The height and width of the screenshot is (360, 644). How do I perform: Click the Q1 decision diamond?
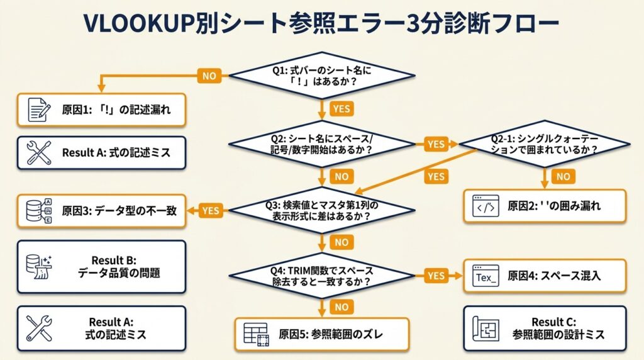pos(322,75)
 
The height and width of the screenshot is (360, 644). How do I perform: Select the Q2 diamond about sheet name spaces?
pos(322,144)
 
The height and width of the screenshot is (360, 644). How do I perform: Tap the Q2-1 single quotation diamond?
pos(544,144)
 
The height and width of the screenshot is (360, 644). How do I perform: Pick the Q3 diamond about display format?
pos(322,210)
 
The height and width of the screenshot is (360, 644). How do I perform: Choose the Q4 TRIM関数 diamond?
pos(322,276)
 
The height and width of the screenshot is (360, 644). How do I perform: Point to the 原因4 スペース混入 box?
pos(545,276)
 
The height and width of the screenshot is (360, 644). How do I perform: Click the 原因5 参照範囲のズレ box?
pos(322,334)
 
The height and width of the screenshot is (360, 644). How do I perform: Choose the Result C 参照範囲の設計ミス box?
pos(545,328)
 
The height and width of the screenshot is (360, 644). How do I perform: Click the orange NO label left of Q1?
pos(209,76)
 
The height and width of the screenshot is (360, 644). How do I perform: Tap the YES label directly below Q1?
pos(341,109)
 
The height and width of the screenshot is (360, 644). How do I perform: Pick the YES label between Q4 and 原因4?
pos(435,276)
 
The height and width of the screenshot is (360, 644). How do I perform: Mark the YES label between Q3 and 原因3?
pos(210,211)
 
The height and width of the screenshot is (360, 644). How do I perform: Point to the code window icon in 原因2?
pos(486,206)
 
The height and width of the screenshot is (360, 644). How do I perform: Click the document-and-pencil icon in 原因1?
pos(39,110)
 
